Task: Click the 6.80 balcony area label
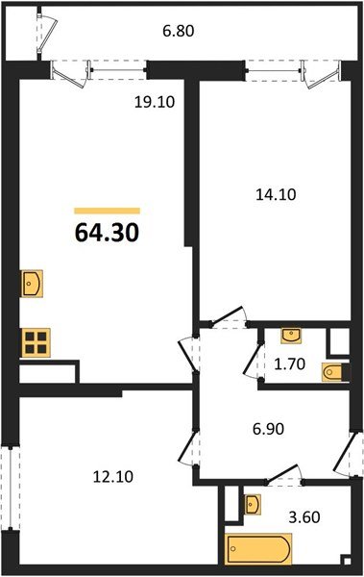click(x=177, y=30)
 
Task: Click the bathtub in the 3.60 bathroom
click(x=259, y=552)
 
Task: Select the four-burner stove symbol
click(x=36, y=342)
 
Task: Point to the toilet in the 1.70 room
click(x=333, y=371)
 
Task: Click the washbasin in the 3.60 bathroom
click(x=253, y=503)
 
